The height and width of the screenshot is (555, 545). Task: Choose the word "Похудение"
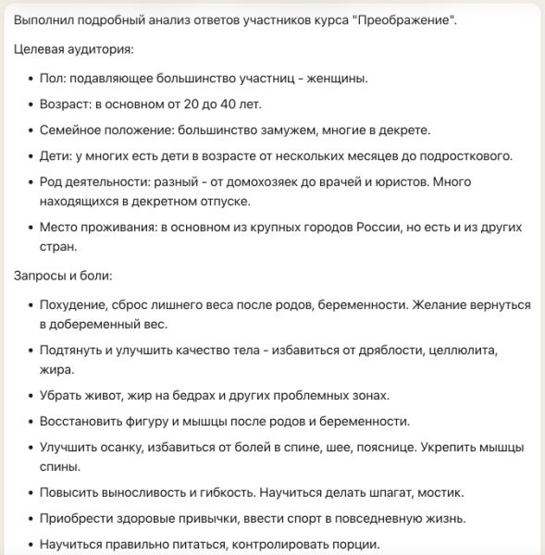click(72, 304)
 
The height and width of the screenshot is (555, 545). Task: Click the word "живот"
click(109, 395)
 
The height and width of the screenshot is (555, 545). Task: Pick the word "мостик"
click(439, 492)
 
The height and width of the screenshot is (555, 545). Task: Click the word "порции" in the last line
click(353, 544)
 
